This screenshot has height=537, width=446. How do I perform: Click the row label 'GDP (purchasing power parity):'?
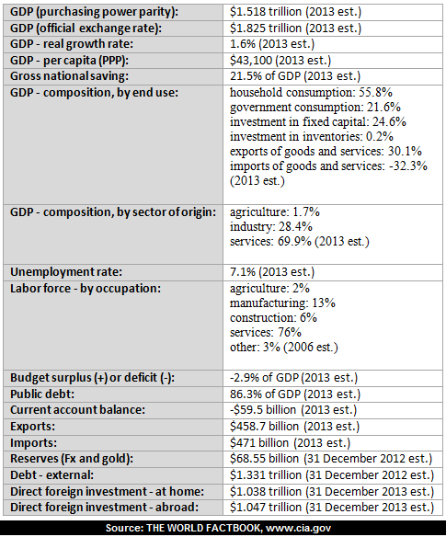click(94, 12)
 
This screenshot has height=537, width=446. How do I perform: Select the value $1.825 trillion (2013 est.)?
click(295, 29)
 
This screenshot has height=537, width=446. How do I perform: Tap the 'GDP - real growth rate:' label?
click(72, 44)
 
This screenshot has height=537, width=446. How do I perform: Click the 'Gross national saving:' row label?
click(69, 76)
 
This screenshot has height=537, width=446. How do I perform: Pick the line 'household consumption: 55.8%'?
click(311, 93)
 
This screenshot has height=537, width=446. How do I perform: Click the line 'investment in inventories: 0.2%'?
click(312, 137)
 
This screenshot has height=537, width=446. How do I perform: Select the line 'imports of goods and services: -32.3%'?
click(328, 166)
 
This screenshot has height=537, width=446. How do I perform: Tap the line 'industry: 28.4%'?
click(271, 227)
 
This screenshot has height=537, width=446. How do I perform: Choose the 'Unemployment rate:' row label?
click(66, 272)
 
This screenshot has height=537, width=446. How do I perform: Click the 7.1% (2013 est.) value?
click(272, 272)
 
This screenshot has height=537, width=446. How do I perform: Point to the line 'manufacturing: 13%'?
click(282, 303)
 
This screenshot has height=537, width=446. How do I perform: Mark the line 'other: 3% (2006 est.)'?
click(284, 348)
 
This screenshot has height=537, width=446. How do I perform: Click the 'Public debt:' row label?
click(42, 394)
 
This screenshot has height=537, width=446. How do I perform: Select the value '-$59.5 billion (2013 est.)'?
click(293, 410)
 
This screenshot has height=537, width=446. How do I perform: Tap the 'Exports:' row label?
click(32, 427)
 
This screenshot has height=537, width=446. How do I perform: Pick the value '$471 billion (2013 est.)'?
click(291, 443)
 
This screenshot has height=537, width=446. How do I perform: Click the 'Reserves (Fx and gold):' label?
click(72, 459)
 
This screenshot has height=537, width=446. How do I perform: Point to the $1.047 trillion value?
click(332, 508)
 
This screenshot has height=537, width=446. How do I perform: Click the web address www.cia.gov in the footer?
click(298, 528)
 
